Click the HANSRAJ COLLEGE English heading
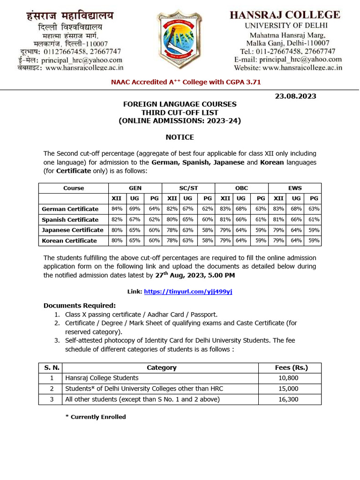[x=285, y=15]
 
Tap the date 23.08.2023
[x=295, y=96]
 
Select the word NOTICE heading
[x=180, y=137]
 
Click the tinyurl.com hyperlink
[x=188, y=292]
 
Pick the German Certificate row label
[x=70, y=209]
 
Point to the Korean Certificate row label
[x=69, y=241]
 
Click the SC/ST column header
[x=188, y=188]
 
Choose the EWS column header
[x=295, y=188]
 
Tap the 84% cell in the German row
[x=117, y=209]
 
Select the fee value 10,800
[x=288, y=378]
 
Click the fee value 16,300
[x=288, y=399]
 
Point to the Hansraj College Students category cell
[x=102, y=378]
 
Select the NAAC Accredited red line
[x=186, y=82]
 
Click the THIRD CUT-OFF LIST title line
[x=180, y=112]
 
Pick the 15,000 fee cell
[x=288, y=389]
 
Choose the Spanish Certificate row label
[x=70, y=220]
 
